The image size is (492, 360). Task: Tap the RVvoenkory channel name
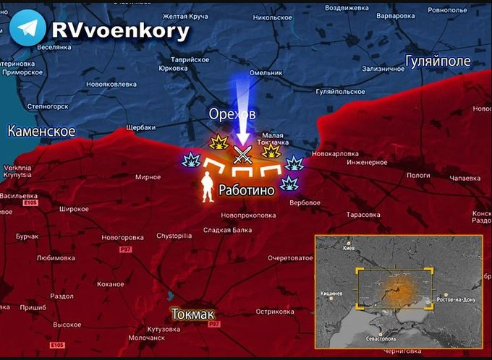[120, 30]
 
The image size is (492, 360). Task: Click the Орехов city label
[232, 113]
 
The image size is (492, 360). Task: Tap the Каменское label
[41, 131]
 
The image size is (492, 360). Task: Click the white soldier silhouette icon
[206, 186]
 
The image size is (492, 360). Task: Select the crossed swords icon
[242, 153]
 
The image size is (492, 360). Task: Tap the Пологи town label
[418, 175]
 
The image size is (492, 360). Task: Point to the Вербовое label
[305, 202]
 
